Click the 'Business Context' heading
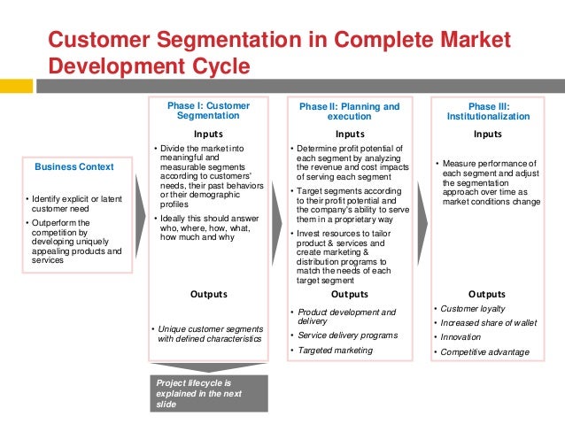tap(74, 166)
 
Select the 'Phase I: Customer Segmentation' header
tap(208, 111)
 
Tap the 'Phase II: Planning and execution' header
tap(349, 111)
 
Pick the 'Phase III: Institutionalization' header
tap(488, 111)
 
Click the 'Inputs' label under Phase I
tap(208, 134)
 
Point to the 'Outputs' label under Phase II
tap(349, 294)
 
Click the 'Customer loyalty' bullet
tap(474, 309)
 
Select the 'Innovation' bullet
tap(462, 337)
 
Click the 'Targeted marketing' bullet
tap(337, 351)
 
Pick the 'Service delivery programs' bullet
tap(346, 335)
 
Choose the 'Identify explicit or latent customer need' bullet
tap(74, 203)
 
